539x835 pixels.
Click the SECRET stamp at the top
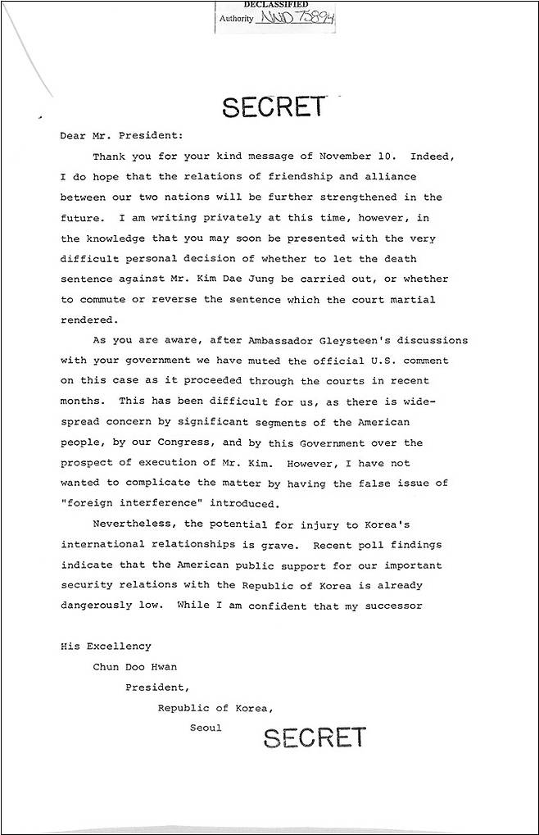click(x=273, y=106)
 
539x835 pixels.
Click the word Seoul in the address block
click(x=206, y=728)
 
